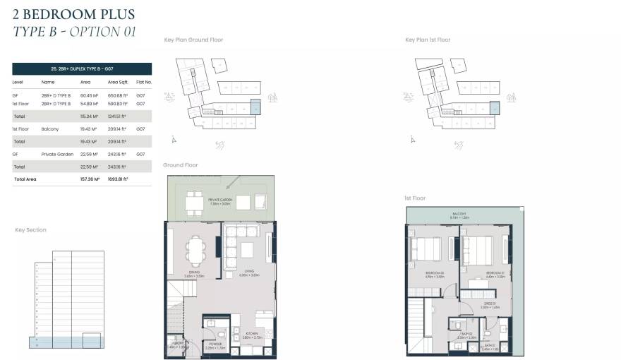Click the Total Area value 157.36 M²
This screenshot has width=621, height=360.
click(x=88, y=179)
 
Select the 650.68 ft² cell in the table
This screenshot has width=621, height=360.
click(x=117, y=95)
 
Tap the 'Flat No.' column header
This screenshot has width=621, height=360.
click(x=143, y=82)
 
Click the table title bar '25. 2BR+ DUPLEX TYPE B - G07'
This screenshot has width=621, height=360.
click(x=82, y=68)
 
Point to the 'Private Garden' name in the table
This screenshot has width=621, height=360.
click(x=54, y=154)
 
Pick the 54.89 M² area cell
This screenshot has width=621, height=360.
click(x=88, y=103)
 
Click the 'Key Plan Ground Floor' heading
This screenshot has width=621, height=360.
click(x=193, y=40)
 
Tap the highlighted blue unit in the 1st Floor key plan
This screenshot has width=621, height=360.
click(x=495, y=108)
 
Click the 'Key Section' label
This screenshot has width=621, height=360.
click(x=30, y=230)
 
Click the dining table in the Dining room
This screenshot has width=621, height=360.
click(x=194, y=248)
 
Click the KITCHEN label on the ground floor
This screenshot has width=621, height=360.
click(x=251, y=332)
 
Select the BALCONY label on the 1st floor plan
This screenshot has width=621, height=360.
click(x=459, y=215)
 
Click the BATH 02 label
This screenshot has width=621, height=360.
click(x=466, y=335)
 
